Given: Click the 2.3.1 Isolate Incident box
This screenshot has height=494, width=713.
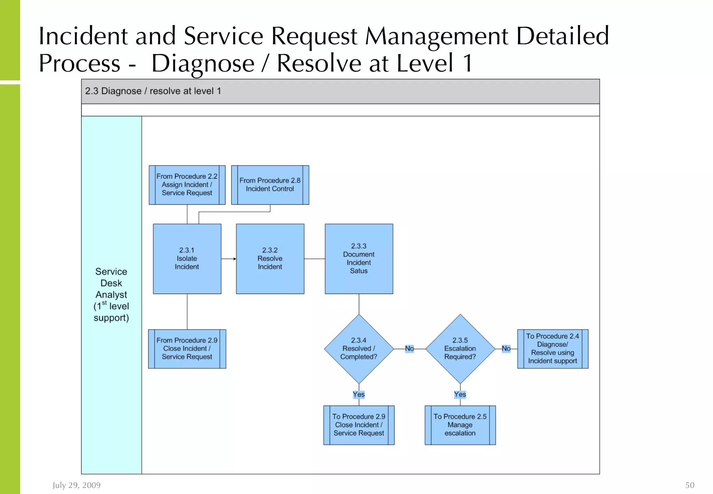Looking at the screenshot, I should point(187,258).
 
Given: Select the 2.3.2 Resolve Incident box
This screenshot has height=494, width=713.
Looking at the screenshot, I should point(270,258).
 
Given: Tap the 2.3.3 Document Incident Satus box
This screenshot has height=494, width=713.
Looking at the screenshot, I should point(359,258).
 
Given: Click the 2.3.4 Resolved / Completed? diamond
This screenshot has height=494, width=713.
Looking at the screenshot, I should point(359,349).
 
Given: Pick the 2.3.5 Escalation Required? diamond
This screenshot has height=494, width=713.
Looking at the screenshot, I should point(460,349).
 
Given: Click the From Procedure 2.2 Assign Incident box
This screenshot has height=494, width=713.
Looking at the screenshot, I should point(187,185).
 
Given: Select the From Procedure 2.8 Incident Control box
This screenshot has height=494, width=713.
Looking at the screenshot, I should point(270,185).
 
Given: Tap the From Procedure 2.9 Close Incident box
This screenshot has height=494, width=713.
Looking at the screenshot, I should point(187,349).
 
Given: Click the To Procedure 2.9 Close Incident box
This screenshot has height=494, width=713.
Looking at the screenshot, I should point(359,425).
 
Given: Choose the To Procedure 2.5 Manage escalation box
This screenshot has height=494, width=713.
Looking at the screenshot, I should point(460,425).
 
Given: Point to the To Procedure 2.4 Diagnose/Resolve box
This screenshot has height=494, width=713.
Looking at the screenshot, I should point(553,349).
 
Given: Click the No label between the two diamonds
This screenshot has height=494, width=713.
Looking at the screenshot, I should point(409,349).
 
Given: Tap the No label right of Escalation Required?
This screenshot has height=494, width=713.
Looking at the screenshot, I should point(506,349).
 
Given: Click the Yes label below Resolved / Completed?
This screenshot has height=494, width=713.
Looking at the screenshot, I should point(359,394).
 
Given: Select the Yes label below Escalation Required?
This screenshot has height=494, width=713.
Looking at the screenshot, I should point(460,394).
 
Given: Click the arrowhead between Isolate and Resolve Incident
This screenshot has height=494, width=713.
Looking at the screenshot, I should point(235,259).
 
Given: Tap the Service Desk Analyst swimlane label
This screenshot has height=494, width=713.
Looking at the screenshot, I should point(111,294).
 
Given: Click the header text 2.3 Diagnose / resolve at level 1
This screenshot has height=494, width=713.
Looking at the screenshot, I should point(153,91).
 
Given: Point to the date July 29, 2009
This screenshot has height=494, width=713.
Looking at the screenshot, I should point(77,485).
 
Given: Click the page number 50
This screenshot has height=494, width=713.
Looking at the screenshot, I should point(690,485).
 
